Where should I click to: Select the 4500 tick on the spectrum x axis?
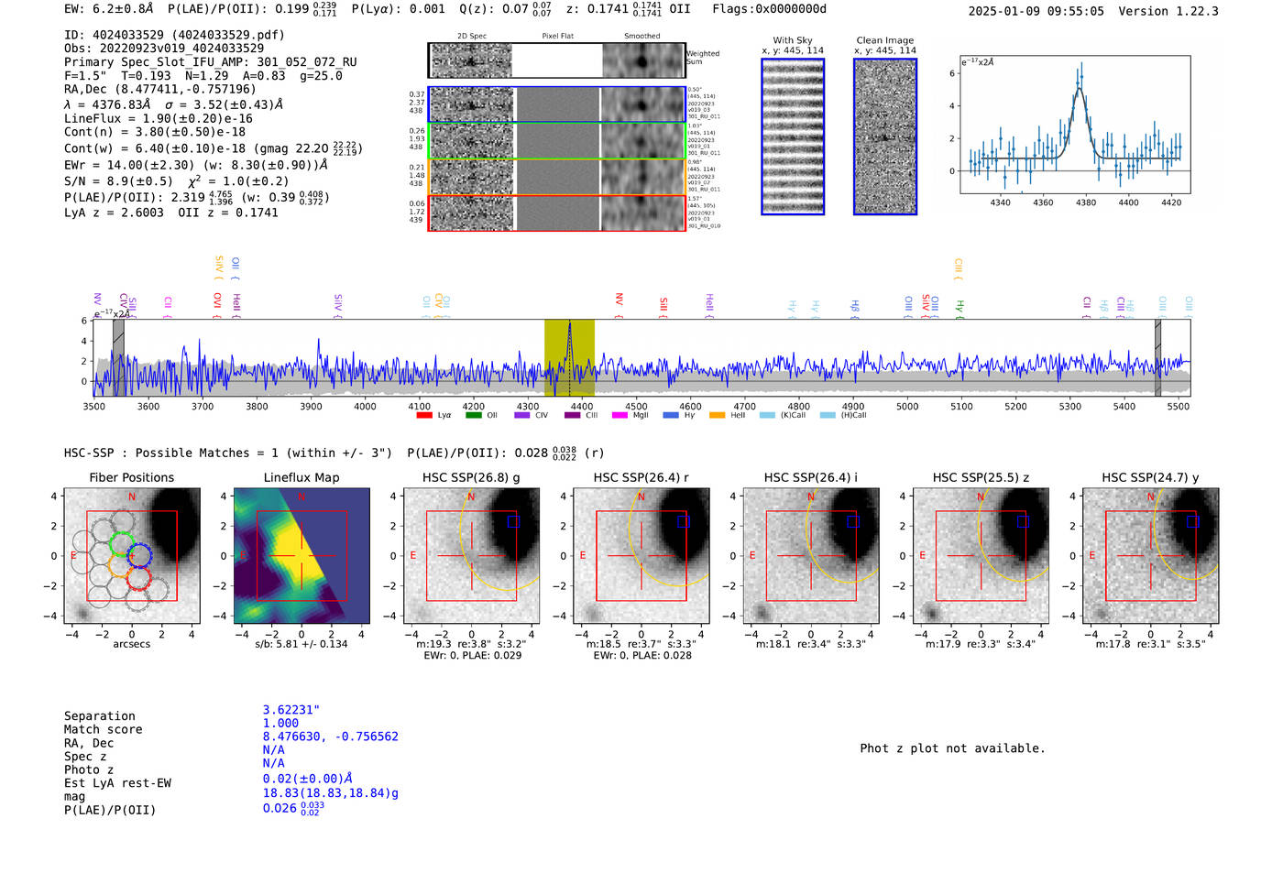(636, 406)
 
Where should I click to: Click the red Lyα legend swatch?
(424, 415)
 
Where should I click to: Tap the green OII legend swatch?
(473, 415)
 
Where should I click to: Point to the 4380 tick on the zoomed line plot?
(1086, 202)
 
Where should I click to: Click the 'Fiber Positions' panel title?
(131, 477)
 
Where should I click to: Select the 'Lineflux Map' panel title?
(302, 477)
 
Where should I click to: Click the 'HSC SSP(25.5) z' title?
(981, 477)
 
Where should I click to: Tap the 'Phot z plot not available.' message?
(952, 748)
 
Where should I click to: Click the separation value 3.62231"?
(291, 710)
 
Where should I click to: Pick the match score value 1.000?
(280, 723)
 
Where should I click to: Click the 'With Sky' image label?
(793, 40)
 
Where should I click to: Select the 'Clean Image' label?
(885, 40)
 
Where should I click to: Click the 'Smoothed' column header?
(641, 37)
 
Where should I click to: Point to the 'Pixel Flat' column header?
(557, 37)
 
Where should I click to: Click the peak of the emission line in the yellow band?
(569, 324)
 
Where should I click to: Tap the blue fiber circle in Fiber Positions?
(139, 554)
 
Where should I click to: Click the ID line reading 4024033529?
(174, 35)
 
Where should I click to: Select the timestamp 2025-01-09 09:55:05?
(1036, 11)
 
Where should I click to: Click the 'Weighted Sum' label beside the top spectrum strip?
(703, 58)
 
